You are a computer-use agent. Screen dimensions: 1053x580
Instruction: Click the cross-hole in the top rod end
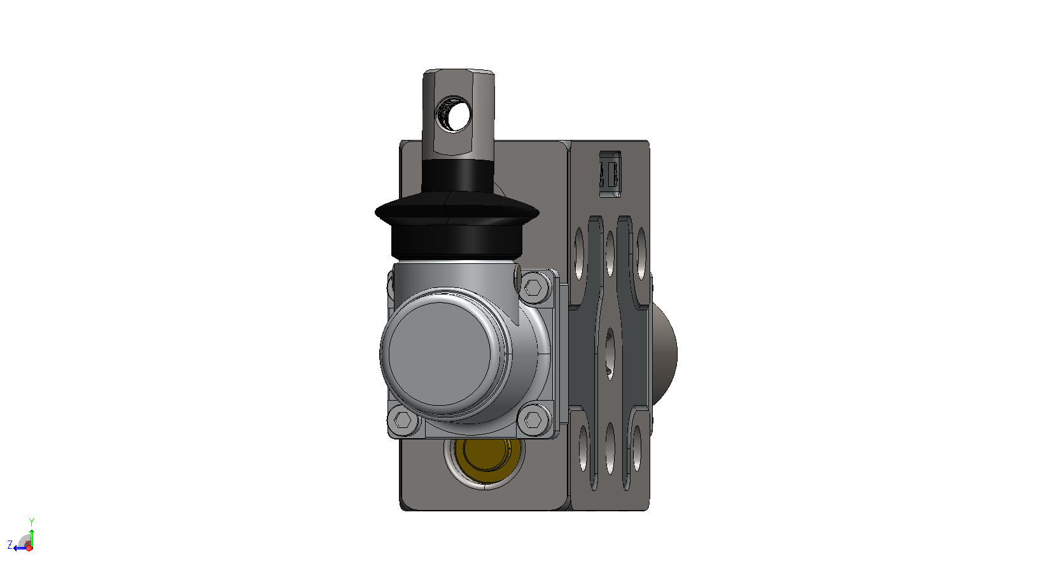point(453,114)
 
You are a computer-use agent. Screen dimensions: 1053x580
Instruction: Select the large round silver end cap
point(444,354)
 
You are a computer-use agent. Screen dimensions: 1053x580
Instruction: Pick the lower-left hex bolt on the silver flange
point(403,419)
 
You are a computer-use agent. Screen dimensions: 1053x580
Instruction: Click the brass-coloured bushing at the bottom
point(486,460)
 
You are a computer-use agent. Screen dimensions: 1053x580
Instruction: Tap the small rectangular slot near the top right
point(610,174)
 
